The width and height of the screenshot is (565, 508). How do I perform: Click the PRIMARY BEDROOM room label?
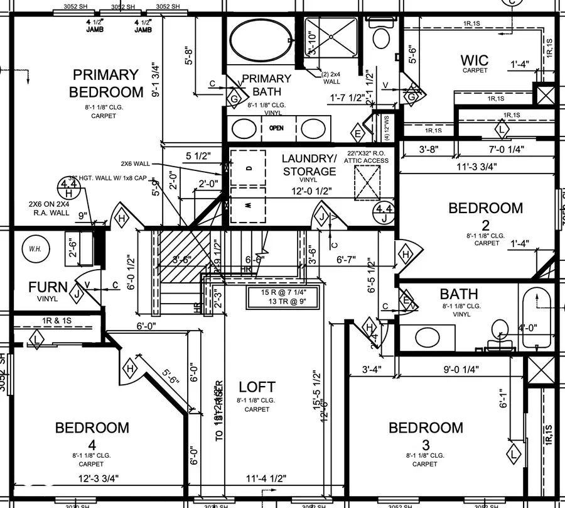[x=105, y=83]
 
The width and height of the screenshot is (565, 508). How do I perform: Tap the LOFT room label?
[x=257, y=387]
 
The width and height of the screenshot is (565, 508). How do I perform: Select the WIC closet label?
[x=475, y=60]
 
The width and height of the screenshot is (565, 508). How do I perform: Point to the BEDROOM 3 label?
[x=425, y=428]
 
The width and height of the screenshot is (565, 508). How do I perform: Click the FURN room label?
[x=48, y=287]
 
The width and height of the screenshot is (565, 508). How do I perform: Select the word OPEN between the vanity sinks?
[x=276, y=128]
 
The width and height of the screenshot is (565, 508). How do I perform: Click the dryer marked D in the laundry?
[x=249, y=168]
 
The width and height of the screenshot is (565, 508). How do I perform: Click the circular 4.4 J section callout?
[x=383, y=213]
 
